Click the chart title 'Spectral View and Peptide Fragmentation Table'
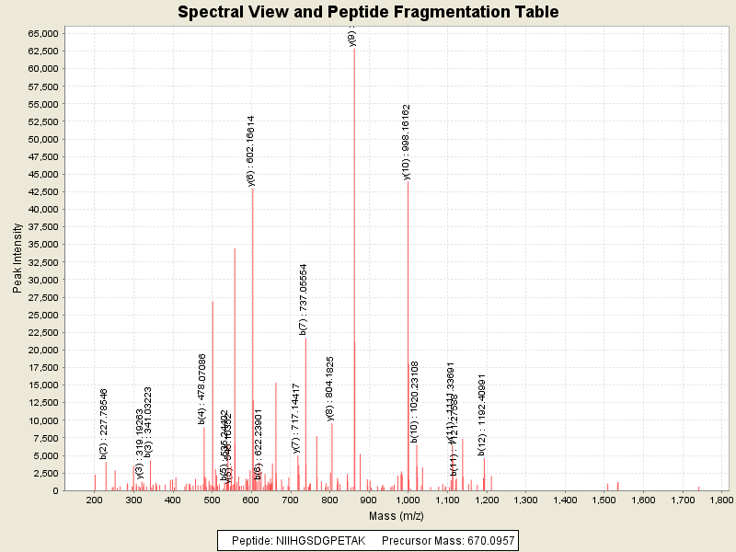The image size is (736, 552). point(368,12)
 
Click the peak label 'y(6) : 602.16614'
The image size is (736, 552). point(251,151)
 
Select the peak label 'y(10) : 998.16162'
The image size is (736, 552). point(407,142)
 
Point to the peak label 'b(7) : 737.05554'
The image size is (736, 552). point(304,298)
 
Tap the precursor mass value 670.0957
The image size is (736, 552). point(485,540)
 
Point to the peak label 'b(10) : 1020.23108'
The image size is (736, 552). point(415,401)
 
